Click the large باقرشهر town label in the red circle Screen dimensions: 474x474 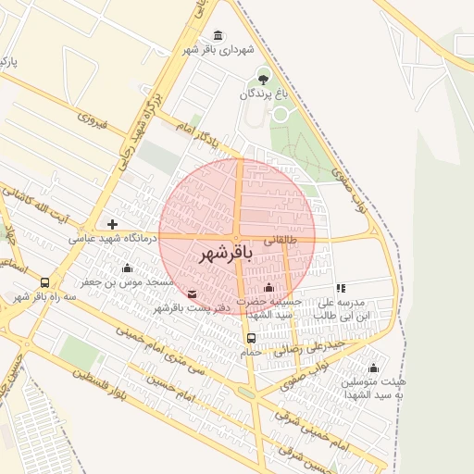[x=226, y=252]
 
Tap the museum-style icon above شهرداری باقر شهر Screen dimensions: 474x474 [x=218, y=35]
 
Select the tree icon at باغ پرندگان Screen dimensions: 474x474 [x=264, y=77]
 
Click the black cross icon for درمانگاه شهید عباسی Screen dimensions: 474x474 [x=112, y=224]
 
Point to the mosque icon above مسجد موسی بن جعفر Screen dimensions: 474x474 [x=127, y=268]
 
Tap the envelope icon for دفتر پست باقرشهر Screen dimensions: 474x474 [x=192, y=294]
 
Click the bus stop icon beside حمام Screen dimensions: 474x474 [x=251, y=338]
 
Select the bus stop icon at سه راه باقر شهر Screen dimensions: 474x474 [x=45, y=283]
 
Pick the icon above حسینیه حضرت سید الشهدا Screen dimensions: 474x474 [x=269, y=287]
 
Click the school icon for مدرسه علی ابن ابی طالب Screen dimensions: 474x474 [x=342, y=288]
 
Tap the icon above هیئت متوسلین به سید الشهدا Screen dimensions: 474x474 [x=373, y=368]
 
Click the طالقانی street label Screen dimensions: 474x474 [x=281, y=239]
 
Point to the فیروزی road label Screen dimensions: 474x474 [x=94, y=120]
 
